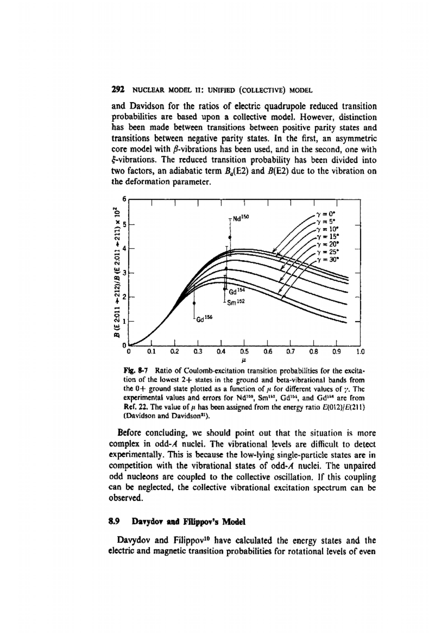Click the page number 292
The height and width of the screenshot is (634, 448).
tap(118, 90)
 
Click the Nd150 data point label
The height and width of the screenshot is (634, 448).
tap(240, 217)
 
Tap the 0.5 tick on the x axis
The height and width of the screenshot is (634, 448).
tap(244, 352)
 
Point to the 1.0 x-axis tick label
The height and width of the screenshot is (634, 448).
tap(360, 352)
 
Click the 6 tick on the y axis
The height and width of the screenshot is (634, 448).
tap(125, 199)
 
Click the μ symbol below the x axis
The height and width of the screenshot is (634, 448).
tap(244, 361)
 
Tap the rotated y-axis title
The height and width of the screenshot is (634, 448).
tap(116, 272)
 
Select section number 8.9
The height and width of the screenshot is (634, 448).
tap(113, 522)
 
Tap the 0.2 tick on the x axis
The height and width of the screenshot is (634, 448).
tap(175, 352)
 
